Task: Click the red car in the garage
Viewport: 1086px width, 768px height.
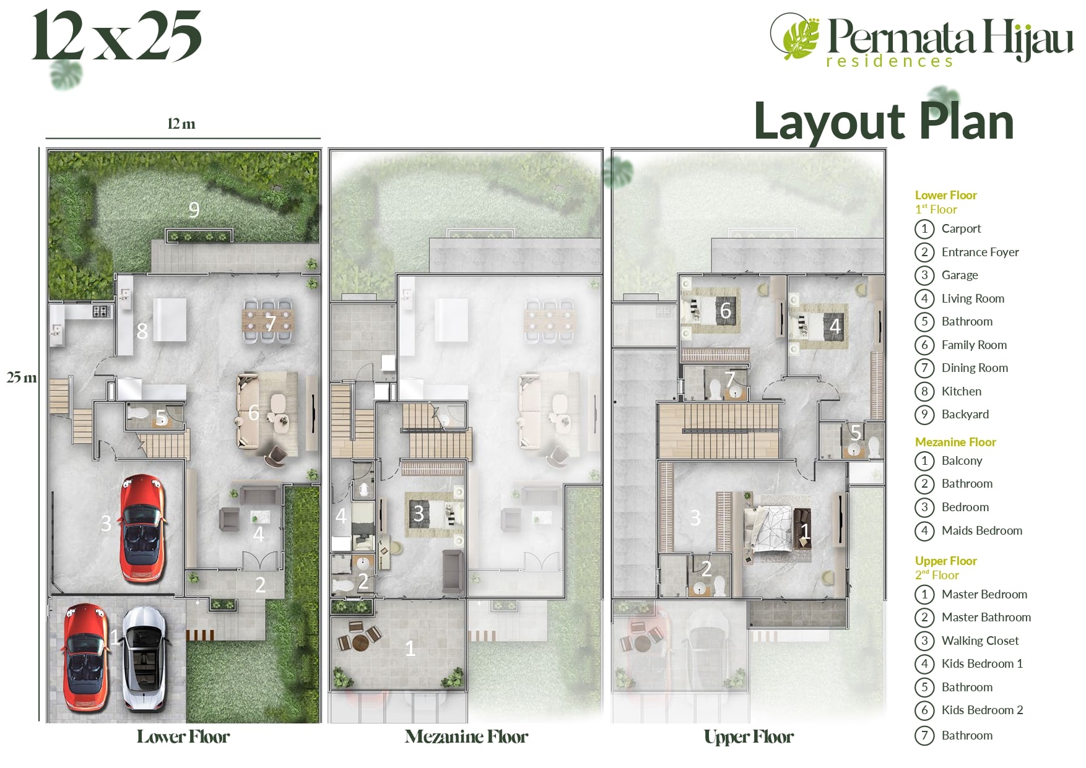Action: click(144, 529)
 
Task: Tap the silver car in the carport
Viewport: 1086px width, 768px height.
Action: click(146, 659)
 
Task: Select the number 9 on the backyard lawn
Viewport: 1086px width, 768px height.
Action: click(194, 210)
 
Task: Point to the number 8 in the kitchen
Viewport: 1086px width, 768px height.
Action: click(142, 331)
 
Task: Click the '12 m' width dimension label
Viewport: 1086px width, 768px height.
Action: click(181, 124)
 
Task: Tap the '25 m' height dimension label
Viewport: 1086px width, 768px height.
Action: click(22, 377)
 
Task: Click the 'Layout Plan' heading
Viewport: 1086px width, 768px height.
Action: click(884, 121)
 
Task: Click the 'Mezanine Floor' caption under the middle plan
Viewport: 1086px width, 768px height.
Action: click(466, 736)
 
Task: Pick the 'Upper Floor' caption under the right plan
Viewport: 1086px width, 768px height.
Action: click(749, 736)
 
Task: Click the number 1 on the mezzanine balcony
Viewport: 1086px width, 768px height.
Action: click(409, 648)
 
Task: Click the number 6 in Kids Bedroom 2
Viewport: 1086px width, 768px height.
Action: click(726, 310)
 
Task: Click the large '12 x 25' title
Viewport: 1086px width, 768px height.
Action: click(117, 35)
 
